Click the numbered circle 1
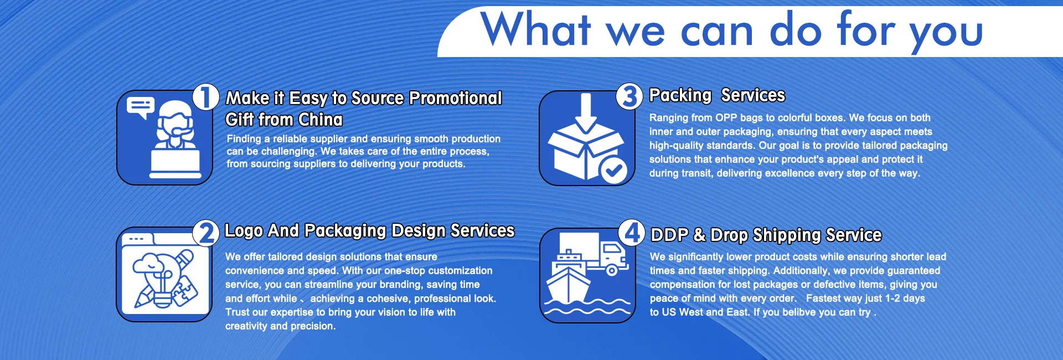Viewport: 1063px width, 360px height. coord(206,97)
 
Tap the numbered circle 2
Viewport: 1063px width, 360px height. coord(206,233)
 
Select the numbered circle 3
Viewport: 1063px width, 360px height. coord(629,96)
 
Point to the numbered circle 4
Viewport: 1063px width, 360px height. coord(632,233)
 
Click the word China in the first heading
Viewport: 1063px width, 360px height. coord(321,120)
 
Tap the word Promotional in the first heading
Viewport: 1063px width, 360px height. coord(456,98)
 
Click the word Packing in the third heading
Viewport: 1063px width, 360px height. coord(680,96)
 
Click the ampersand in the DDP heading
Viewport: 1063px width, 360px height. coord(700,235)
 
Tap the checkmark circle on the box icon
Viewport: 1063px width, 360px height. coord(613,171)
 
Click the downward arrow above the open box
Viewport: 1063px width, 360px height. coord(586,113)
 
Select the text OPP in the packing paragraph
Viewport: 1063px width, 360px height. coord(726,118)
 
